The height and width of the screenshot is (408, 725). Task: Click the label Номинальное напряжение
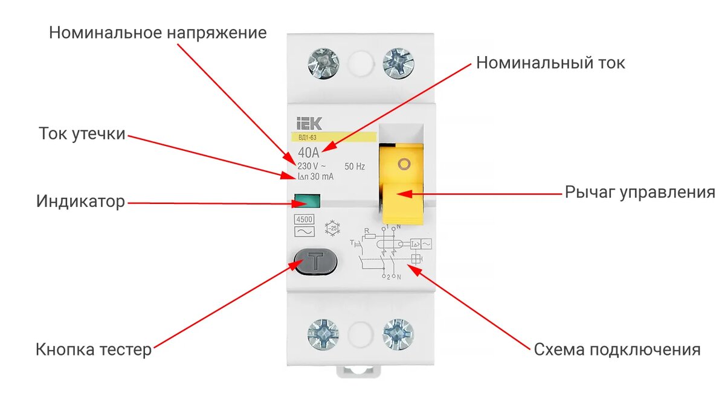pos(158,33)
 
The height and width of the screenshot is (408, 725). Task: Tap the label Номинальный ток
pos(550,63)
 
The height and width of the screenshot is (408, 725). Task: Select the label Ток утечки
pos(82,133)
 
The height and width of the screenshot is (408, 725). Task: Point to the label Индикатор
pos(80,201)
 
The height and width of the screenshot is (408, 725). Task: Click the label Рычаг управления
pos(640,193)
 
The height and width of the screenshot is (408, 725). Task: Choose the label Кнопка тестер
pos(94,349)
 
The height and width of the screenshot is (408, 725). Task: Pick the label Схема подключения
pos(617,350)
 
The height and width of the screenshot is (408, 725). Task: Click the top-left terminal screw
pos(323,63)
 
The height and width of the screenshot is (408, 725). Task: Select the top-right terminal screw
pos(398,63)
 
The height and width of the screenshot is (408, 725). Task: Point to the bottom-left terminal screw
pos(323,333)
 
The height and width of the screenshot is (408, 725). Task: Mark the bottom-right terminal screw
pos(398,333)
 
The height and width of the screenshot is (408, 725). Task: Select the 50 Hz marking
pos(354,166)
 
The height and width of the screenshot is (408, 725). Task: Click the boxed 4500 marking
pos(303,220)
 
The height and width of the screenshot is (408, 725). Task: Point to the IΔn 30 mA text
pos(315,177)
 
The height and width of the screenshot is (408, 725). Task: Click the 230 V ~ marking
pos(312,166)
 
